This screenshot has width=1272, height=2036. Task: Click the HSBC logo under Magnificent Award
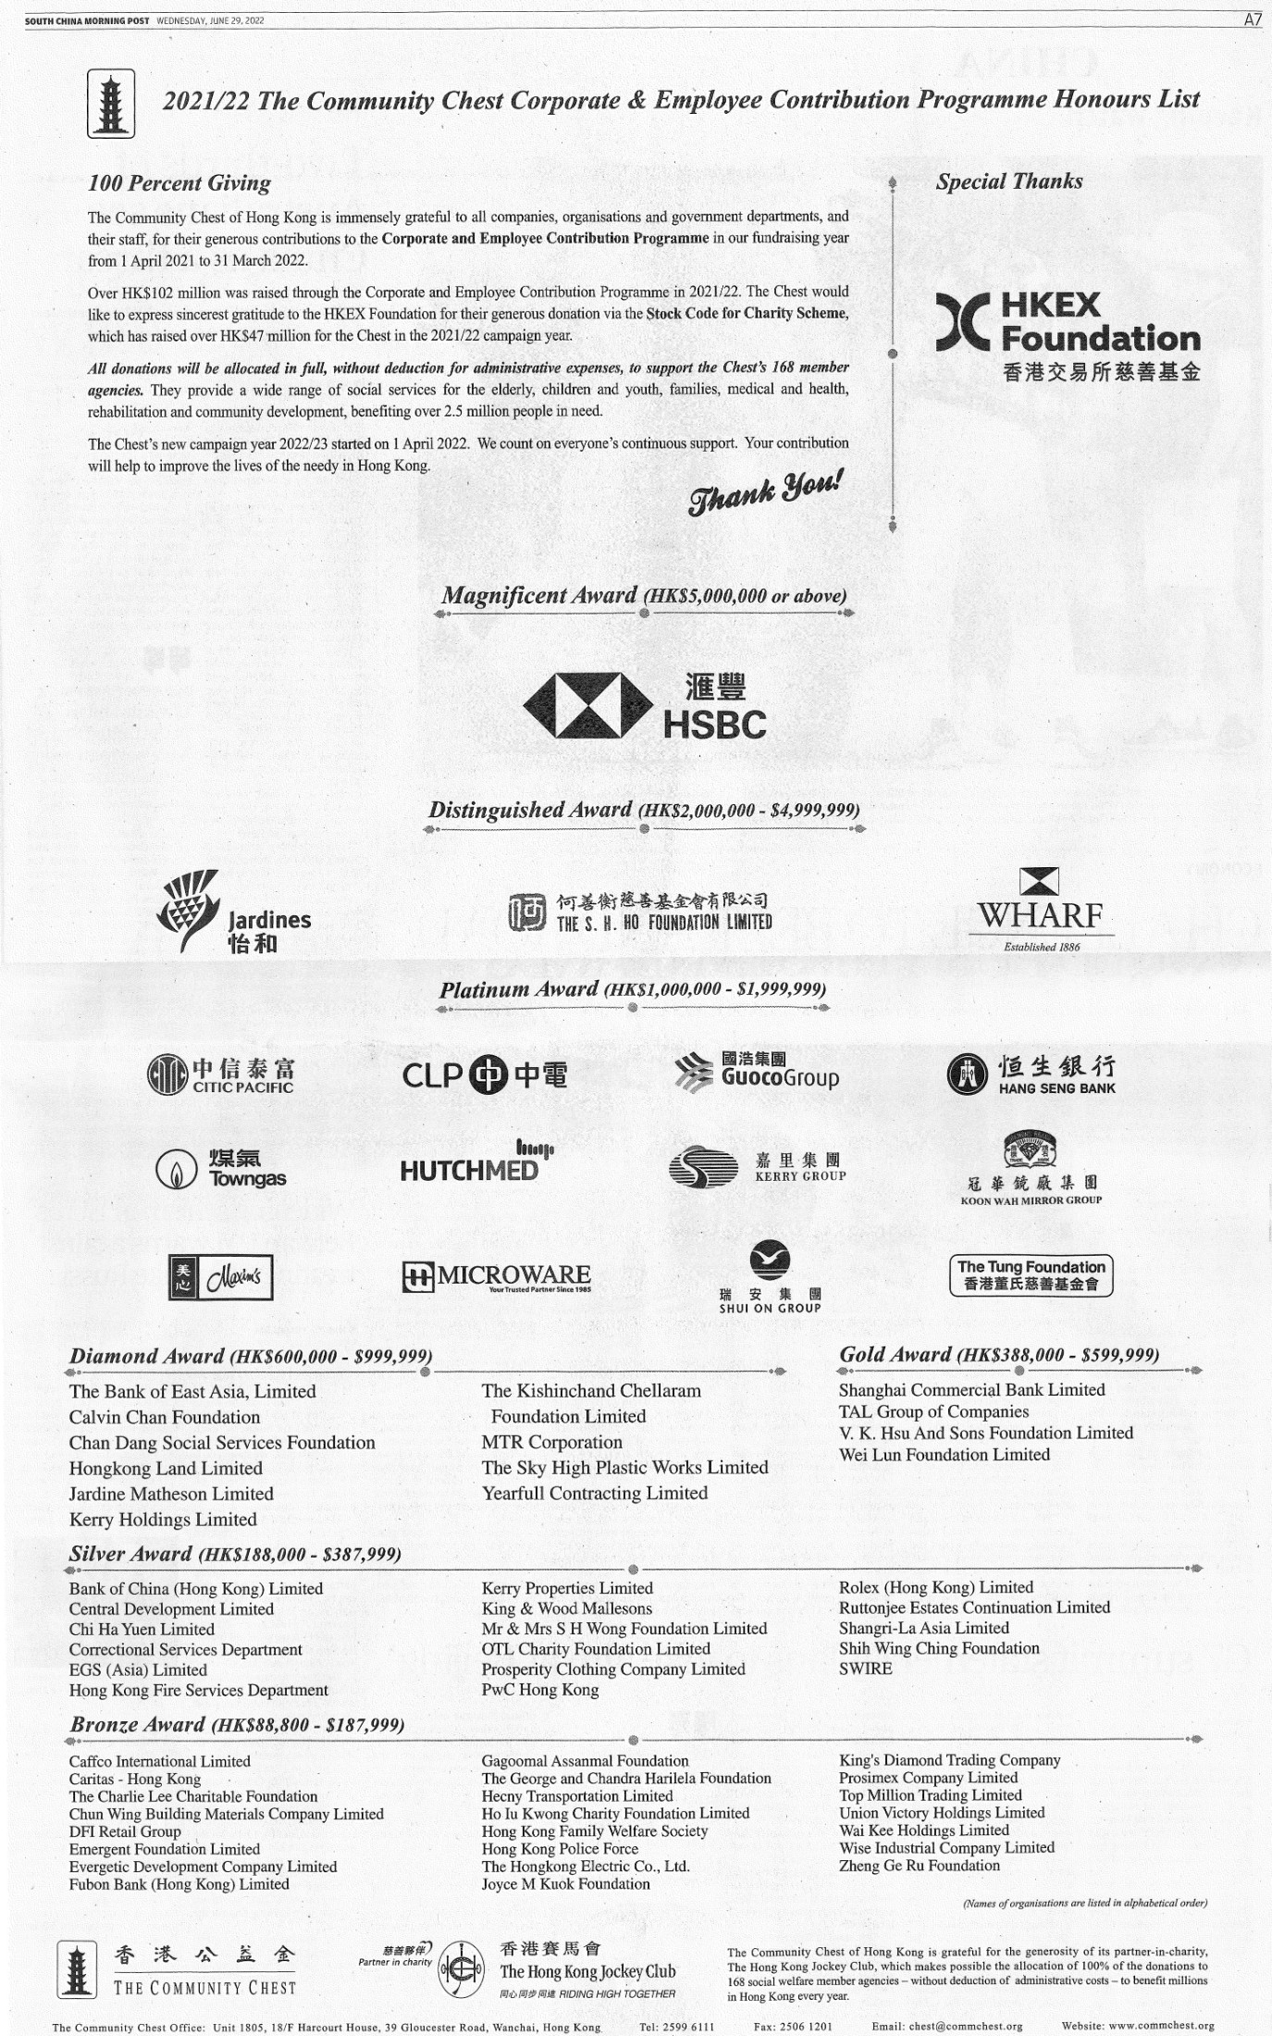(x=645, y=707)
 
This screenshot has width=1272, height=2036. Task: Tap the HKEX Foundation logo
(x=1068, y=335)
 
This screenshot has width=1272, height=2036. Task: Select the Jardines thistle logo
(x=233, y=912)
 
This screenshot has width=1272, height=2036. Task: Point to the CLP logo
(x=485, y=1074)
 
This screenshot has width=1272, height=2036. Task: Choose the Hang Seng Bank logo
(x=1031, y=1074)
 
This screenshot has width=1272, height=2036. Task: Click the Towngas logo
(x=221, y=1169)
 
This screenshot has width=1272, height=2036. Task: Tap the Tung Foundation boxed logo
(x=1031, y=1274)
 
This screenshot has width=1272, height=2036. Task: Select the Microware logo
(x=497, y=1277)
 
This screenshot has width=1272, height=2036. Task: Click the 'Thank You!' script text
(x=765, y=491)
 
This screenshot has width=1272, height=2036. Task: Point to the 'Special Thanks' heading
(x=1008, y=181)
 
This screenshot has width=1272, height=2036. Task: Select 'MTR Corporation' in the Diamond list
(x=552, y=1442)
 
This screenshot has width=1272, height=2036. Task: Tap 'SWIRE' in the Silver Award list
(x=866, y=1669)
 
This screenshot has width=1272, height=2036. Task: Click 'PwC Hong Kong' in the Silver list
(x=540, y=1690)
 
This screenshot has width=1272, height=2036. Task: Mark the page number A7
(x=1252, y=19)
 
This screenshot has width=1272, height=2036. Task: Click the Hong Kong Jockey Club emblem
(x=461, y=1972)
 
